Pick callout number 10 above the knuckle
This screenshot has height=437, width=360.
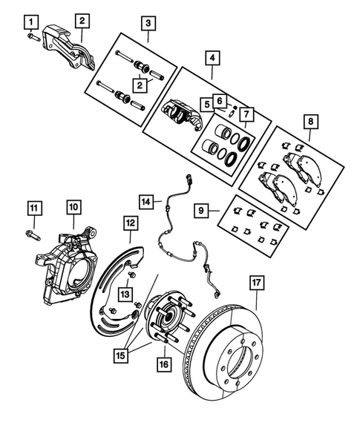pyautogui.click(x=73, y=206)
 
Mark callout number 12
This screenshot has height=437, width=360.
pyautogui.click(x=130, y=222)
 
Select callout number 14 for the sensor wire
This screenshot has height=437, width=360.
pyautogui.click(x=148, y=201)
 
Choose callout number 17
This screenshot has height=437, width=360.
pyautogui.click(x=257, y=283)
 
